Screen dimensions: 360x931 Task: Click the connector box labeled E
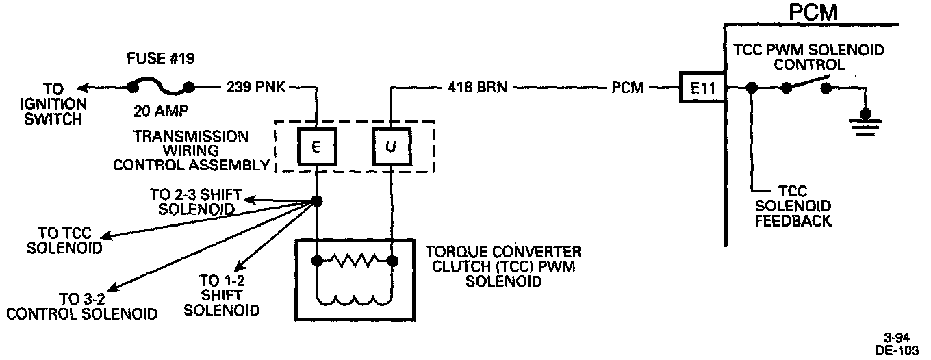coord(316,147)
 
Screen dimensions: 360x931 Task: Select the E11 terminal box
coord(702,88)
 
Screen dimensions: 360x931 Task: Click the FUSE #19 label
coord(160,59)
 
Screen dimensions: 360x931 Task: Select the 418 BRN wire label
coord(477,88)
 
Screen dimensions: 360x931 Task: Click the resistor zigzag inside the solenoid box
coord(355,260)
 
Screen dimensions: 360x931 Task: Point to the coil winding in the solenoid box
coord(355,298)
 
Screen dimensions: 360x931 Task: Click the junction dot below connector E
coord(316,201)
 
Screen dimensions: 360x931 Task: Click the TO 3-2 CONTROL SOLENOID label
coord(81,306)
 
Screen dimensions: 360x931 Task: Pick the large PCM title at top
coord(813,13)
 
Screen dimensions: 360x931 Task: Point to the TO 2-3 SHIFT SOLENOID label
coord(192,201)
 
